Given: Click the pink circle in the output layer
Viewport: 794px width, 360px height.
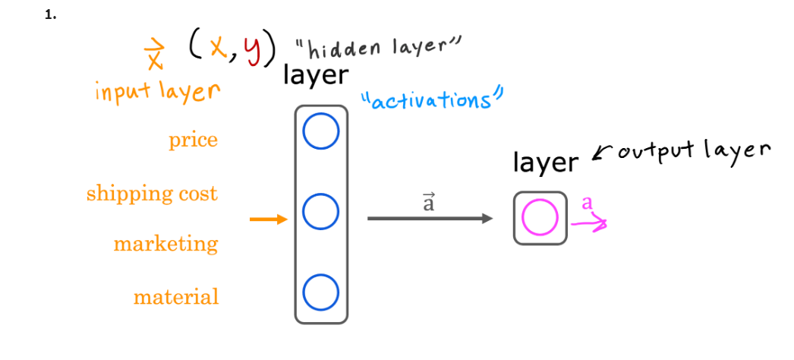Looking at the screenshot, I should (x=540, y=218).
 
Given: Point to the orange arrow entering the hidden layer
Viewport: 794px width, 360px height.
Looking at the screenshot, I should (x=269, y=220).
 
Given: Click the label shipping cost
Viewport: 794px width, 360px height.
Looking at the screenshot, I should (x=152, y=193).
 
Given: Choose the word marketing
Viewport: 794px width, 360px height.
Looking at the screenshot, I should (x=165, y=244).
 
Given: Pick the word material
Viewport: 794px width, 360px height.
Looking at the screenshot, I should (x=176, y=296).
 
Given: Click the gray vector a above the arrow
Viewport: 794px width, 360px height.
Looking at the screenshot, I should (x=429, y=202).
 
